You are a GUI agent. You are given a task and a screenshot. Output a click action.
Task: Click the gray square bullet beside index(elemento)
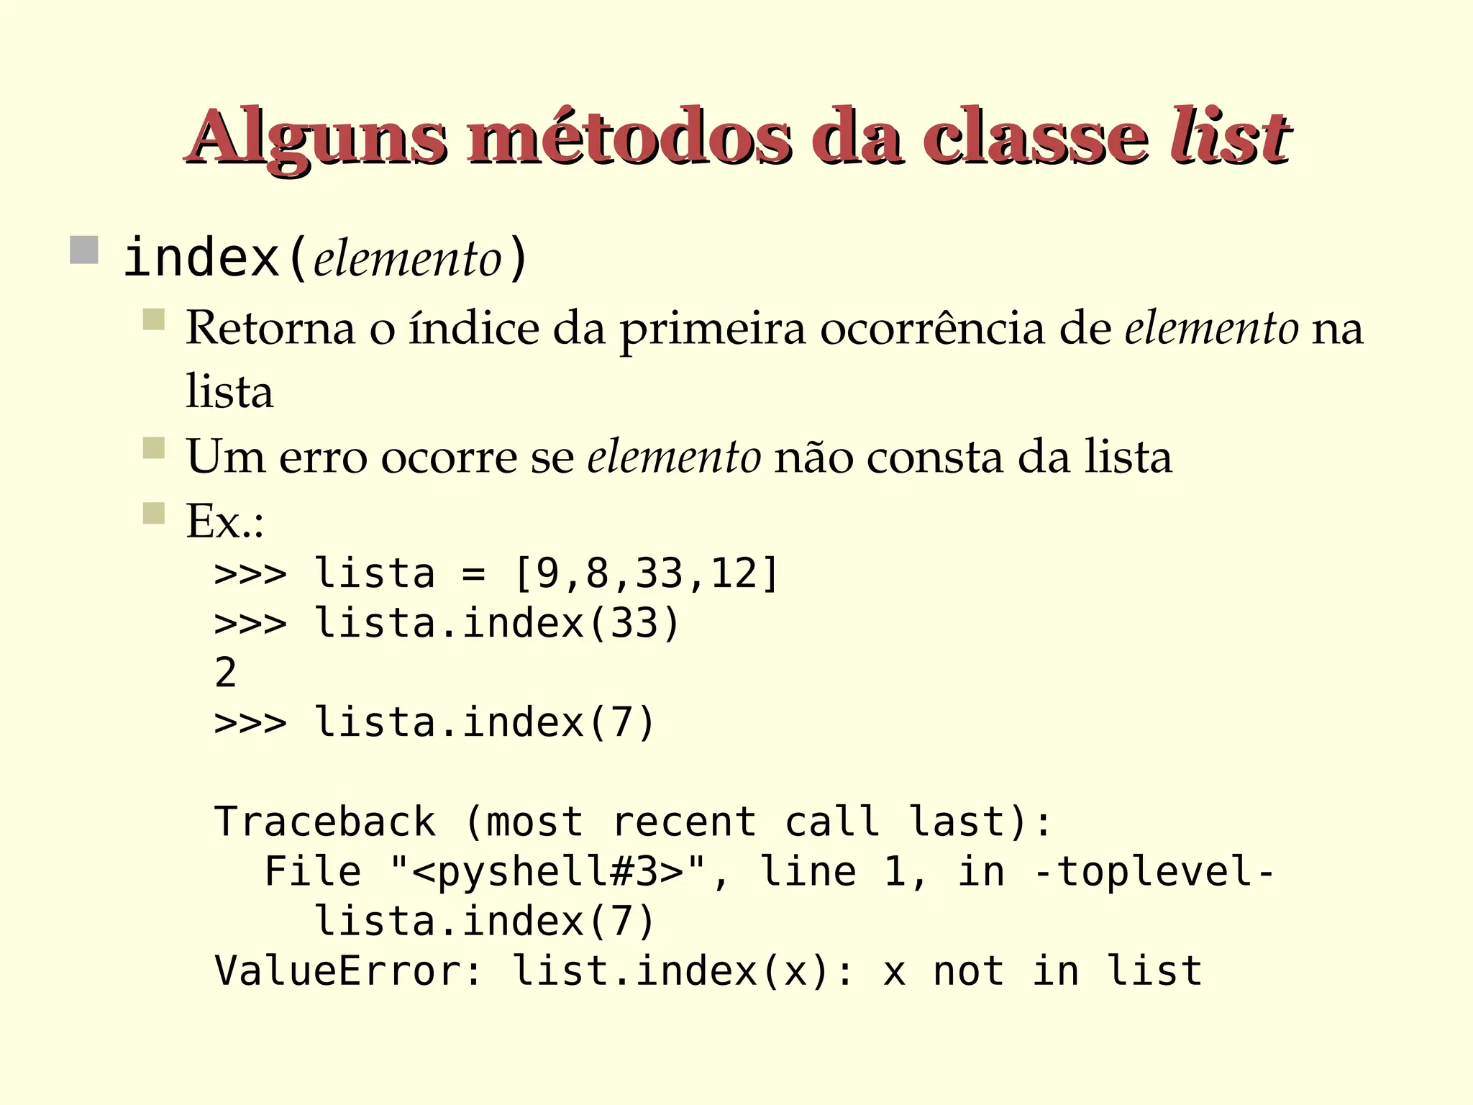pos(84,250)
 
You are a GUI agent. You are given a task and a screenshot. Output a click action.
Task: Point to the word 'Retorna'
pos(270,328)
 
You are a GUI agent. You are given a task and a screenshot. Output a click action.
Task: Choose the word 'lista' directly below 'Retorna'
pos(229,392)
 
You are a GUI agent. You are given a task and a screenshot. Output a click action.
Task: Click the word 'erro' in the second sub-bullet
pos(323,458)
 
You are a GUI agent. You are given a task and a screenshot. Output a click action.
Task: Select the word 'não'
pos(813,458)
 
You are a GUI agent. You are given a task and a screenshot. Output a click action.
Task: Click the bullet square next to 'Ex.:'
pos(154,513)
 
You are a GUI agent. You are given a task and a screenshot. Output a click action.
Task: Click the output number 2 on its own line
pos(226,673)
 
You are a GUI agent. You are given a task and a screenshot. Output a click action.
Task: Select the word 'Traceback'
pos(325,822)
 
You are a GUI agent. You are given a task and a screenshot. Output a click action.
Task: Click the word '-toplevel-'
pos(1154,872)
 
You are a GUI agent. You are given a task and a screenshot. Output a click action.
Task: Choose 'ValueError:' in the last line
pos(350,971)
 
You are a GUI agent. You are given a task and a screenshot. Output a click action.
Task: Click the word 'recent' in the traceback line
pos(684,822)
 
